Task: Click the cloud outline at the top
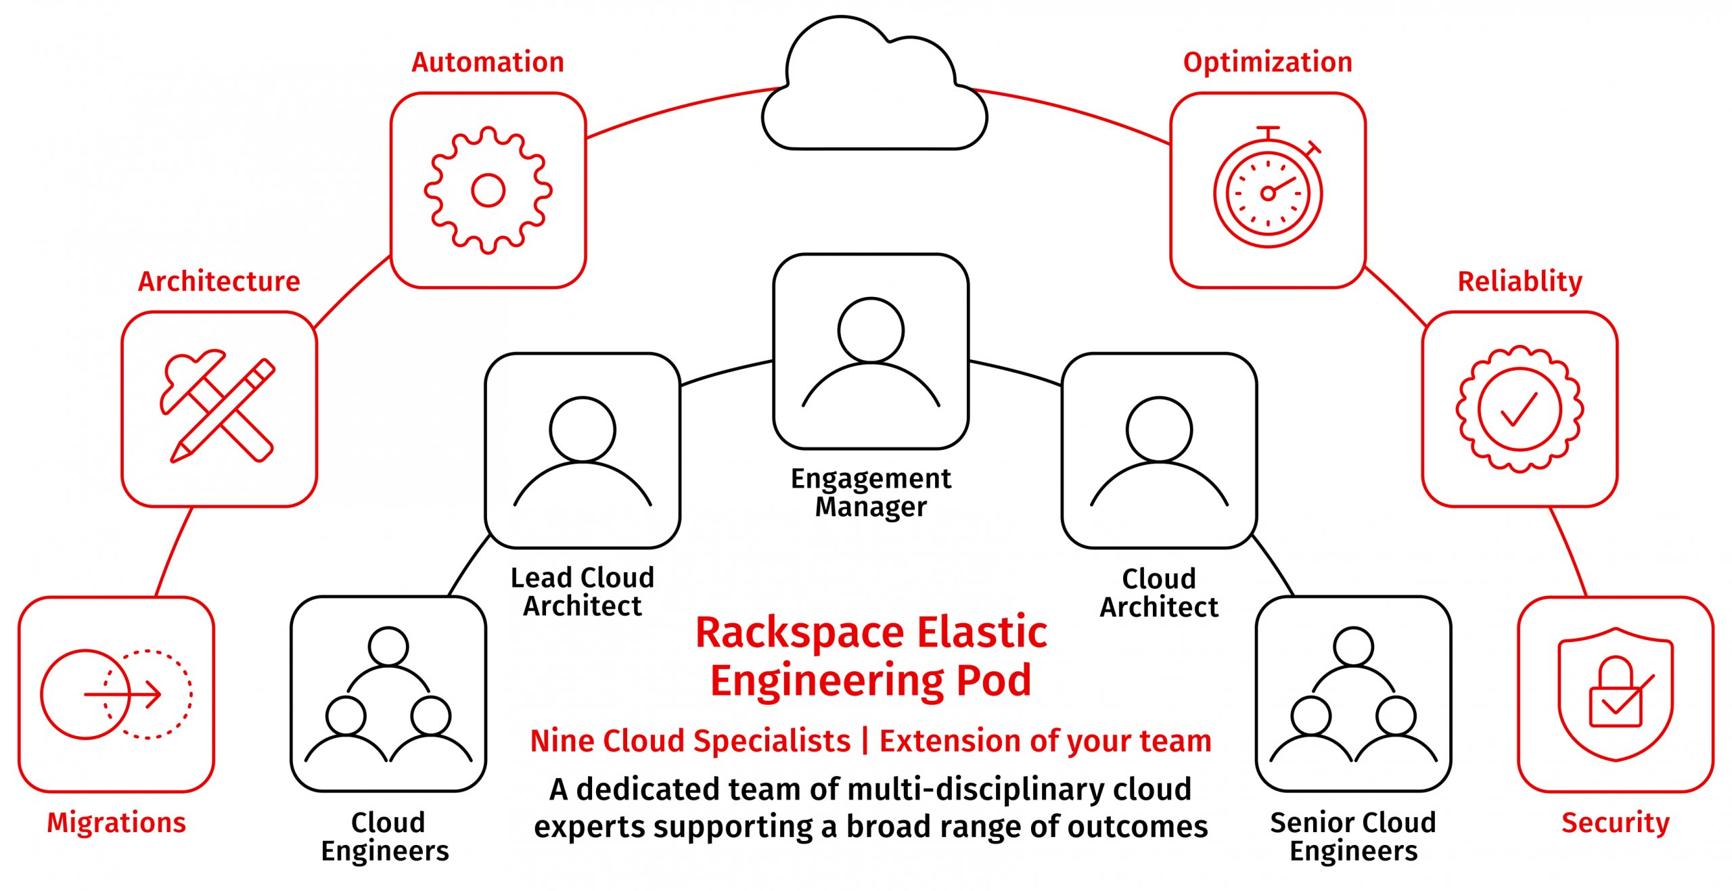pos(873,88)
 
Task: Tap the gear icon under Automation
pos(488,190)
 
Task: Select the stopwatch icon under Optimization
pos(1268,192)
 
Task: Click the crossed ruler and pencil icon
pos(218,409)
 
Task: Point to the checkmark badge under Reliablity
pos(1520,409)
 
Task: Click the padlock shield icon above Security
pos(1615,694)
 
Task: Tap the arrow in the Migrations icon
pos(123,694)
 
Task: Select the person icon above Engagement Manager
pos(871,351)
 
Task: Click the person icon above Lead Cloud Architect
pos(583,451)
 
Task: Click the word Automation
pos(488,62)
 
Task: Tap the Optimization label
pos(1267,62)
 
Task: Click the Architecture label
pos(219,281)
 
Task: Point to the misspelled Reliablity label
pos(1520,281)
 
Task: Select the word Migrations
pos(116,823)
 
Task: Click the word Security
pos(1615,823)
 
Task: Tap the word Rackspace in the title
pos(800,633)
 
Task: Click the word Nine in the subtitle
pos(562,741)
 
